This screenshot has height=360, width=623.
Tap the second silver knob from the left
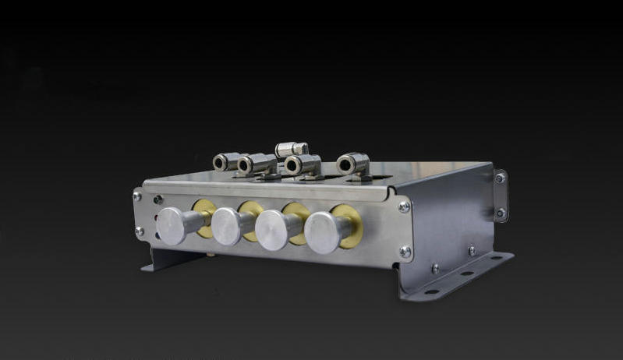226,227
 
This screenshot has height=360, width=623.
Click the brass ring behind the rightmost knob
348,223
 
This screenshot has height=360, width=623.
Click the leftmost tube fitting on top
225,161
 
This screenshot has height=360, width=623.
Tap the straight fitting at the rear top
291,149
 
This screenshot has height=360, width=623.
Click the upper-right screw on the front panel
404,206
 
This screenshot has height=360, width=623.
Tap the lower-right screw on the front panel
405,252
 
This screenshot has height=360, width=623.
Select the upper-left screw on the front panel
138,196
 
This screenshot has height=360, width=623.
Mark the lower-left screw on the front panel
139,231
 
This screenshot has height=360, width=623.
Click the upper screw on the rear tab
500,178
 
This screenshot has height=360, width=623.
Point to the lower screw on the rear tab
501,212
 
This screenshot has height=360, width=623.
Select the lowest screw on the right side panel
435,268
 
